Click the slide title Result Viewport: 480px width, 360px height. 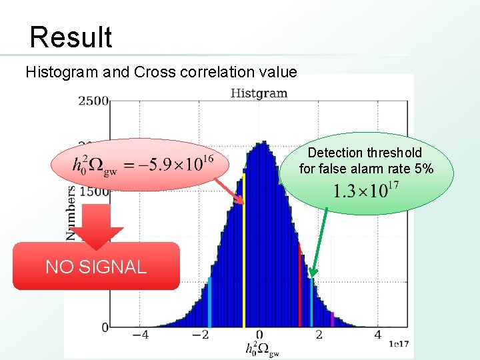click(71, 37)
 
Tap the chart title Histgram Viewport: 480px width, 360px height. click(259, 93)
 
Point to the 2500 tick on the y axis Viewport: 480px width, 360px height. click(93, 101)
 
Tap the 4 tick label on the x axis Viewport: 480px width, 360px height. click(377, 335)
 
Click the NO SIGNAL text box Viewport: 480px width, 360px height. click(96, 267)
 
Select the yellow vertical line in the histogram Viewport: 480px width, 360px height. click(244, 253)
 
